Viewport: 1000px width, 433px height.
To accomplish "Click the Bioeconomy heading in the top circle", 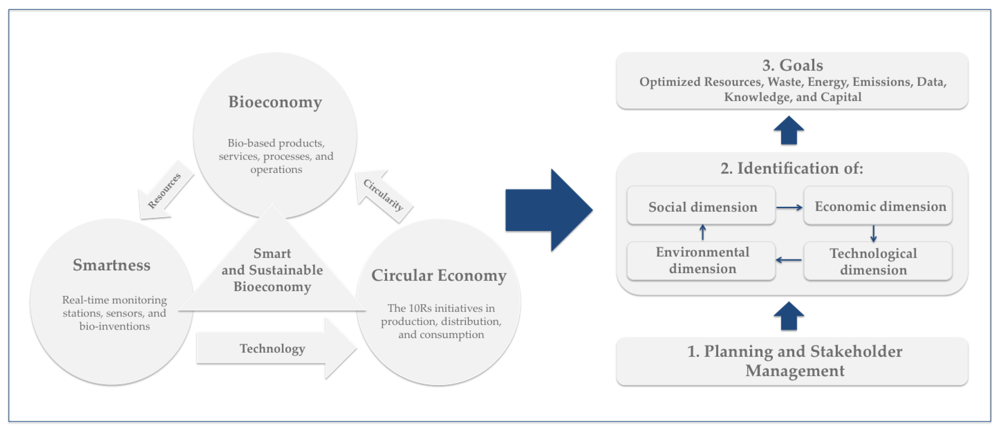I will coord(275,102).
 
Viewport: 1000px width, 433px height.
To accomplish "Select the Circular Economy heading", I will coord(439,275).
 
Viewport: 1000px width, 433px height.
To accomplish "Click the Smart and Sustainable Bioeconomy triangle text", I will coord(272,270).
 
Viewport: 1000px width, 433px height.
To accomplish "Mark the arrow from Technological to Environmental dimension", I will coord(789,260).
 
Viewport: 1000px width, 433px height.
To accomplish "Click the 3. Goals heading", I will coord(792,65).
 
